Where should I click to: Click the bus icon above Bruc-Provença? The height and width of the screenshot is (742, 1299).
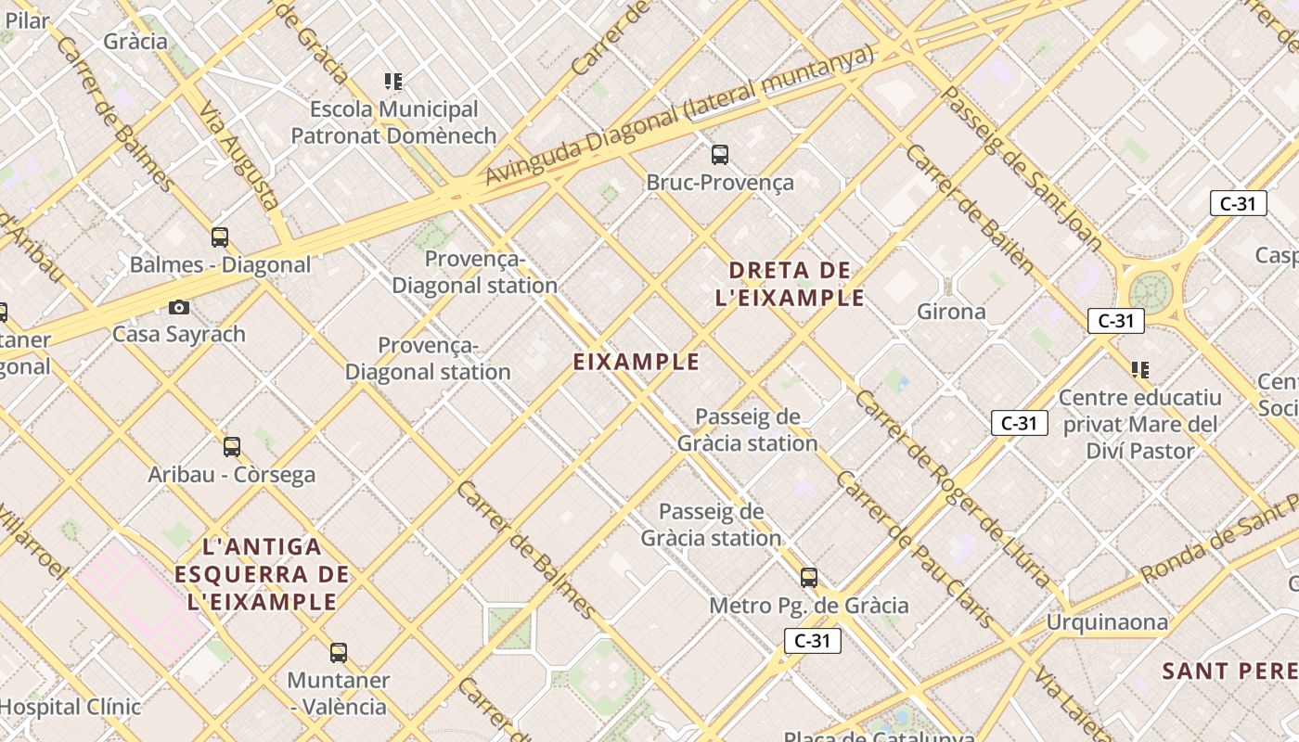pos(720,155)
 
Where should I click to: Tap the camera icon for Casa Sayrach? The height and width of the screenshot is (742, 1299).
pos(179,307)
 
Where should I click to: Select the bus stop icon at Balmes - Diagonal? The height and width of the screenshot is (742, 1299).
pos(220,237)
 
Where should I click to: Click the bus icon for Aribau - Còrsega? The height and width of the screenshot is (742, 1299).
pos(232,447)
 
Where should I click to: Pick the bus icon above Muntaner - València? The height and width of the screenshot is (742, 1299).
pos(339,653)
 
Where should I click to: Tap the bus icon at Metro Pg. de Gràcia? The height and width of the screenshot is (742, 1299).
pos(809,578)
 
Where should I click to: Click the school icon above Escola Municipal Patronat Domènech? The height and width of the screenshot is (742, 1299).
pos(393,82)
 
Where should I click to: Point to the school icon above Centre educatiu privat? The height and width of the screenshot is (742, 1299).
pos(1140,370)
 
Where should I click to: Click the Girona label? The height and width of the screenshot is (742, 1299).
pos(951,312)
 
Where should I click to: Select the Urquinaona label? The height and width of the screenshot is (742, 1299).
pos(1107,621)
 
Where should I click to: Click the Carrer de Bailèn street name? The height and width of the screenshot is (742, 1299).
pos(970,209)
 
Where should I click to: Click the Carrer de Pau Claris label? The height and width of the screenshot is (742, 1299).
pos(915,549)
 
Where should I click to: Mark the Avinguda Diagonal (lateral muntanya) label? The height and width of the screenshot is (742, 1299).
pos(679,115)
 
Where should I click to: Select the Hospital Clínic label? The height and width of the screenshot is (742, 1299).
pos(71,707)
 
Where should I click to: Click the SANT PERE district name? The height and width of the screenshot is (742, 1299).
pos(1230,671)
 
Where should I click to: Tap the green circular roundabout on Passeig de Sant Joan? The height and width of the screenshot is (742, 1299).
pos(1151,291)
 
